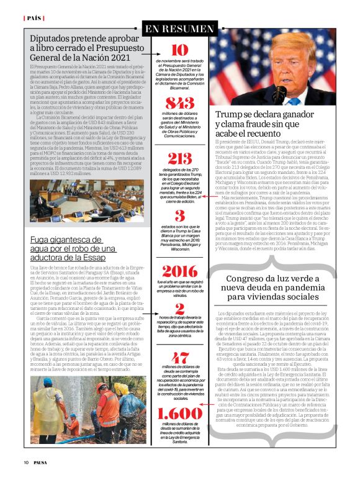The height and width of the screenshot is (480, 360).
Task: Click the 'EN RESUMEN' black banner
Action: (179, 29)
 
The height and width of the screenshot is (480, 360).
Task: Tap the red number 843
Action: (179, 103)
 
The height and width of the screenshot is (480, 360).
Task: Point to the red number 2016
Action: (179, 271)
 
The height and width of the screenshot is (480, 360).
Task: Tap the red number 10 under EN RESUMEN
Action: (179, 50)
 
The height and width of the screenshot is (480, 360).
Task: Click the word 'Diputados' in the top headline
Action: (53, 38)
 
